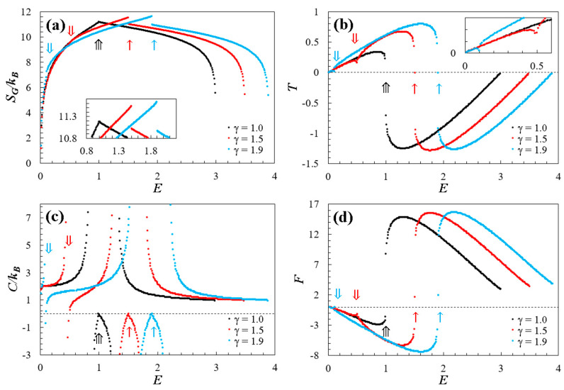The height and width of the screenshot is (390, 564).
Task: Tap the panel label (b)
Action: pyautogui.click(x=343, y=25)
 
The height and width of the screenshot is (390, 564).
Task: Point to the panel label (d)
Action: pyautogui.click(x=343, y=217)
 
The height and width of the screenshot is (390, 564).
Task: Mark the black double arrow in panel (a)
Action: pyautogui.click(x=98, y=45)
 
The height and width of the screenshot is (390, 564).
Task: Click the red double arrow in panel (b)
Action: pyautogui.click(x=355, y=38)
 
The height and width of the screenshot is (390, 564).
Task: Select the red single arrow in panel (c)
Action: pyautogui.click(x=130, y=331)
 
